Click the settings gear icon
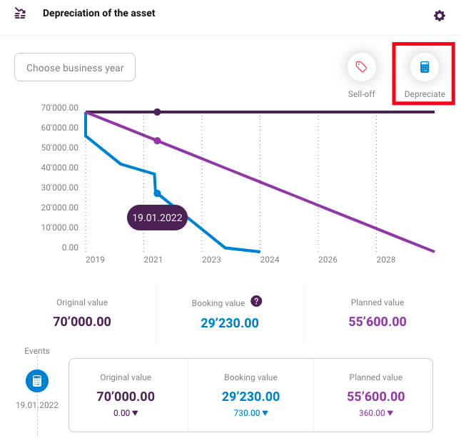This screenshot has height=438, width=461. tap(440, 16)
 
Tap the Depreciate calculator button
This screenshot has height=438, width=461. tap(425, 67)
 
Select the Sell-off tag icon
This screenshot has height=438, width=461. tap(361, 67)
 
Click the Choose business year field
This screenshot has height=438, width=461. tap(75, 67)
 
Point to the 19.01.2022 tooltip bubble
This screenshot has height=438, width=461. tap(157, 218)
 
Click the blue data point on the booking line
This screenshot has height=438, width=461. tap(157, 193)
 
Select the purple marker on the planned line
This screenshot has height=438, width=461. tap(157, 141)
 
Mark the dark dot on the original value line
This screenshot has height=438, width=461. tap(157, 112)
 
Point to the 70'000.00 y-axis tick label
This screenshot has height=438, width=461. tap(60, 108)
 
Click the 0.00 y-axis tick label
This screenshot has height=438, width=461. tap(70, 248)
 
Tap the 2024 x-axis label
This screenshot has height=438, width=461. tap(270, 260)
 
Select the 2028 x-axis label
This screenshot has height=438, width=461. tap(386, 260)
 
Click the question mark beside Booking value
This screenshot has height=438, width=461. tap(256, 301)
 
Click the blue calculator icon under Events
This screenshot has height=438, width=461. tap(37, 381)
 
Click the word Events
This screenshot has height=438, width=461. tap(37, 351)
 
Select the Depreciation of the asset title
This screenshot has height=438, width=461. tap(98, 13)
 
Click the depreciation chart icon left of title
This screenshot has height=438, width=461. tap(20, 14)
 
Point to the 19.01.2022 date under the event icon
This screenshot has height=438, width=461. tap(37, 405)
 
